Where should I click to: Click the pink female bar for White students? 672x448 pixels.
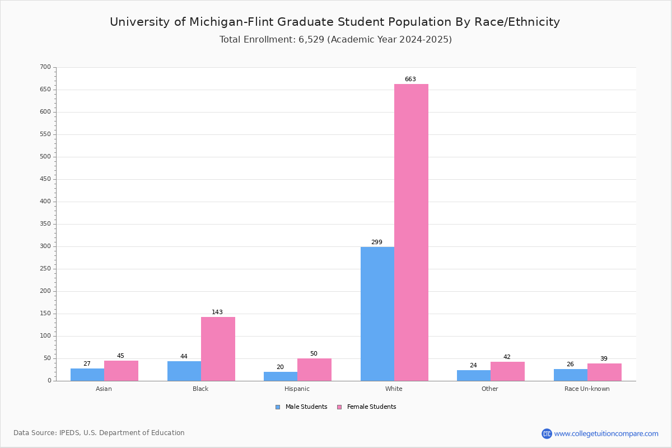[411, 232]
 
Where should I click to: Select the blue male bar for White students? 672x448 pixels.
[377, 314]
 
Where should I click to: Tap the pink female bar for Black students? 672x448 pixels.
[218, 349]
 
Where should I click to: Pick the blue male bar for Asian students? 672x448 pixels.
[87, 375]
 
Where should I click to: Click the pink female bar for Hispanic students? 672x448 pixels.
[314, 370]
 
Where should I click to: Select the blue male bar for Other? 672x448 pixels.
[474, 376]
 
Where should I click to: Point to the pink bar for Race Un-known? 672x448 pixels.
[604, 372]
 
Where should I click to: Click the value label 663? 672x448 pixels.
[410, 80]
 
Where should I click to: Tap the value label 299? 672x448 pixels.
[377, 242]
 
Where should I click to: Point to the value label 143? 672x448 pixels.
[217, 312]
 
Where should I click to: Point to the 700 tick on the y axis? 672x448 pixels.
[45, 67]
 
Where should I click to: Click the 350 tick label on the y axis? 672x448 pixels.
[45, 224]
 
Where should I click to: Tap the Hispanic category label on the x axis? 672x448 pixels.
[297, 389]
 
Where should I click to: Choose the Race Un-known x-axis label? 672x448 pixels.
[587, 389]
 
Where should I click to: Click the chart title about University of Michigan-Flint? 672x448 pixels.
[335, 22]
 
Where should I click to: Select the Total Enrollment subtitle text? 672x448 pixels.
[335, 40]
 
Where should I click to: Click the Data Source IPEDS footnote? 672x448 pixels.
[99, 433]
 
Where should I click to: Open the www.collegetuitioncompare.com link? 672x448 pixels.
[606, 433]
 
